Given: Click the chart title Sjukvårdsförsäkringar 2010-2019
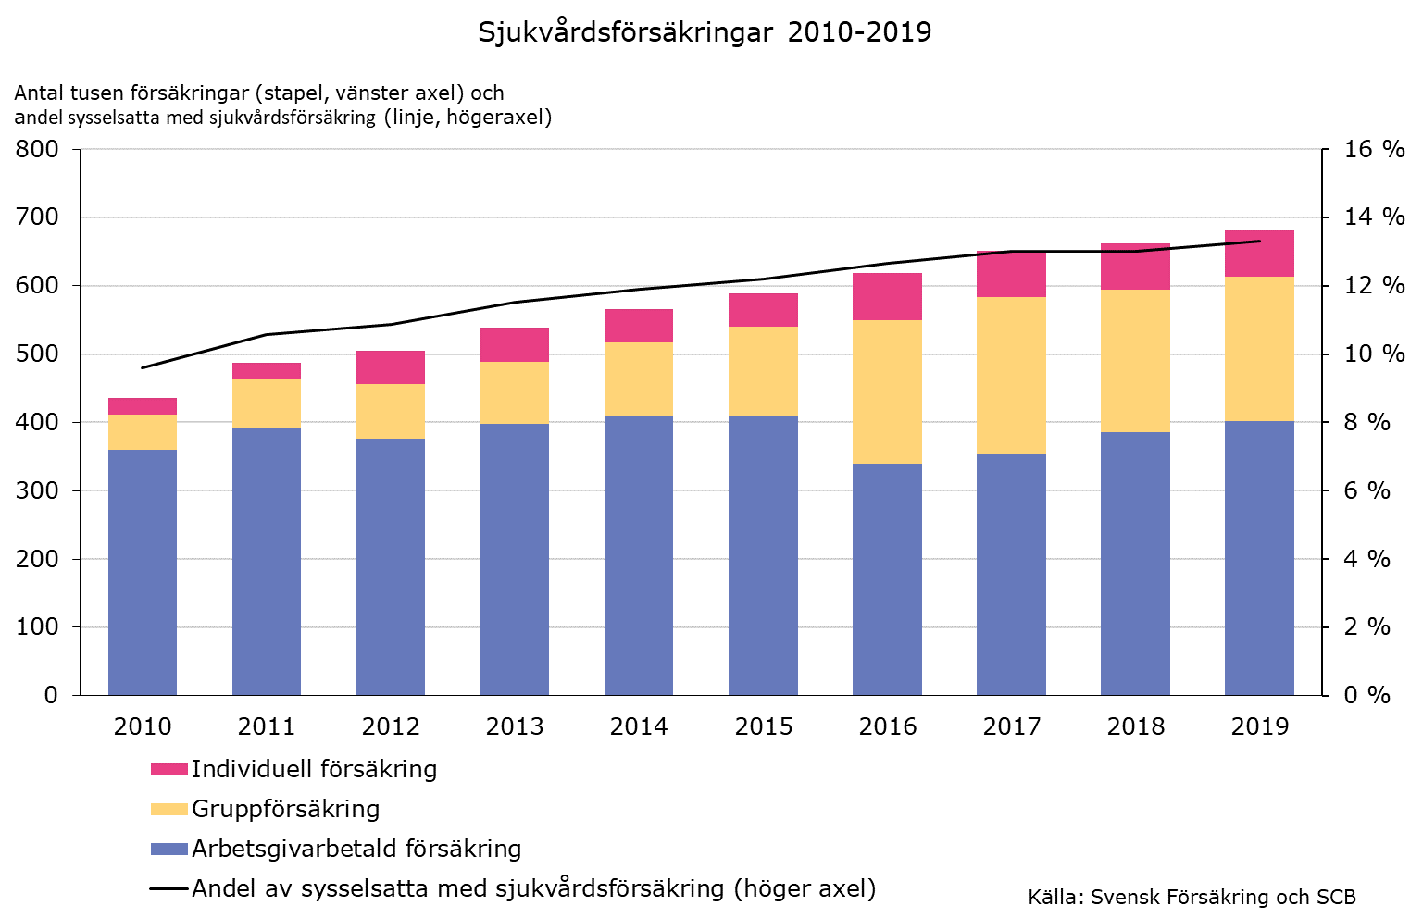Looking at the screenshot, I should [705, 32].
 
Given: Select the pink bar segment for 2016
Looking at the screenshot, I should [887, 297].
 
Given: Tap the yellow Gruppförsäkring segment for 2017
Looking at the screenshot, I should [1011, 376].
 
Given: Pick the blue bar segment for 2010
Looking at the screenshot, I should [143, 572].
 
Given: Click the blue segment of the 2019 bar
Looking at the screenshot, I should [1259, 558].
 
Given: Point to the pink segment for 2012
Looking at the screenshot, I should [391, 367].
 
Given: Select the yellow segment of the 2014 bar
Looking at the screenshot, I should [639, 379].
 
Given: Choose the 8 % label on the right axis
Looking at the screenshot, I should [1366, 422].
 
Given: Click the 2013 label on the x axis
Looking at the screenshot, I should [515, 726].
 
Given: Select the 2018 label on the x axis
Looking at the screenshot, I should [1135, 726].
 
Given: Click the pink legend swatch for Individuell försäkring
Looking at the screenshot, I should [168, 770].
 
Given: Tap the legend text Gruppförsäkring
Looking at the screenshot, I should [285, 809].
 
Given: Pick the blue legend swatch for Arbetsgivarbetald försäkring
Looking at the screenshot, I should [168, 849].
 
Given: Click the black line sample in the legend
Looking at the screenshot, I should [168, 889].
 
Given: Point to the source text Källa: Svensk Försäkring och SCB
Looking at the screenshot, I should [1191, 897].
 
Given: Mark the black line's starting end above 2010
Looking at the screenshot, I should [143, 367].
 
